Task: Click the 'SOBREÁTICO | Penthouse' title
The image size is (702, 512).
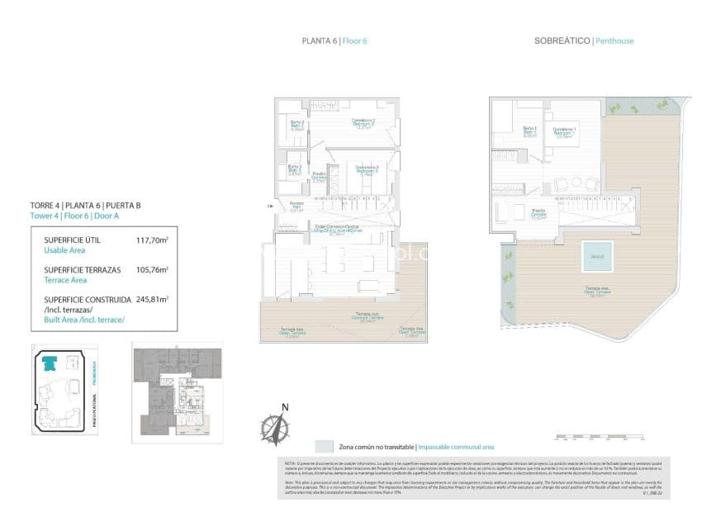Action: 584,40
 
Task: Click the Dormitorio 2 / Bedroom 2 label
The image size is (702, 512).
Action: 365,124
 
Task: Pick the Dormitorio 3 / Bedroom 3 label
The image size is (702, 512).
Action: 366,171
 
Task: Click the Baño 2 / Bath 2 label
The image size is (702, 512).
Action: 297,126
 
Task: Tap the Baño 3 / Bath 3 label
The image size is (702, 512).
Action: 295,170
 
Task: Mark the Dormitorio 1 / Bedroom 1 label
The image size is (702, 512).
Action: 565,132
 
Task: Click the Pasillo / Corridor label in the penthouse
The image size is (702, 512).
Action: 538,212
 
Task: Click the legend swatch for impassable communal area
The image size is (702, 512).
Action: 324,446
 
